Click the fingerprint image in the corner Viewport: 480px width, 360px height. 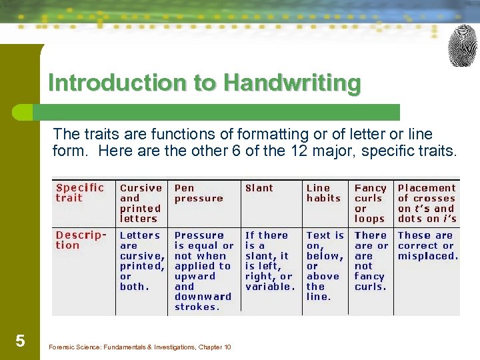click(x=463, y=46)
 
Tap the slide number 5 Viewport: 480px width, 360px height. click(x=21, y=341)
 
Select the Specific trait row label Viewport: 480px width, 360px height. click(x=80, y=193)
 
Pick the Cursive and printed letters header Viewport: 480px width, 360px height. click(x=141, y=203)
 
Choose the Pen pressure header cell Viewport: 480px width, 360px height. click(x=199, y=193)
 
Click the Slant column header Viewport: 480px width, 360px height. click(x=259, y=188)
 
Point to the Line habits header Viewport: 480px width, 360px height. click(x=323, y=193)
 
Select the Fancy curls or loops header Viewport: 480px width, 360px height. click(x=371, y=203)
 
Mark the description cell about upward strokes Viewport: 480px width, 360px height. click(x=204, y=271)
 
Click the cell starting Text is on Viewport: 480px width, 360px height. click(x=325, y=265)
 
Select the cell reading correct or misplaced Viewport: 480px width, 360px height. click(x=427, y=245)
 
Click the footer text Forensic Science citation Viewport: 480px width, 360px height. click(x=140, y=347)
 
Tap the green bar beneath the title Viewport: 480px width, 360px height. click(x=220, y=112)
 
